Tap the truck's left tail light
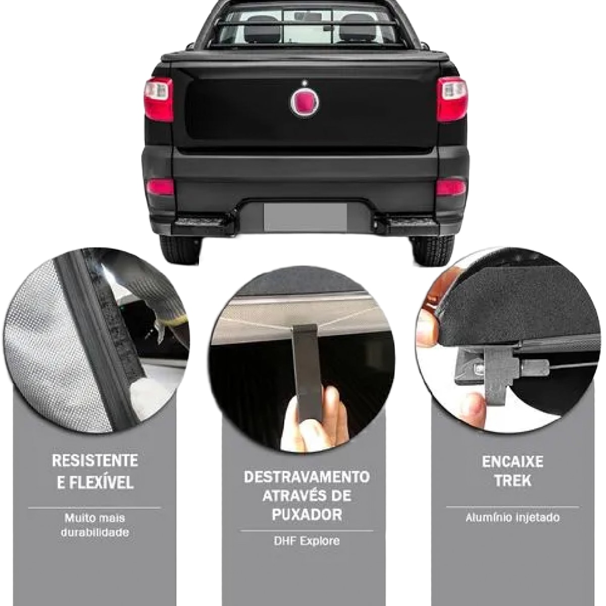pyautogui.click(x=159, y=99)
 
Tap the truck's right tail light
pyautogui.click(x=452, y=99)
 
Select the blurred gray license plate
pyautogui.click(x=305, y=217)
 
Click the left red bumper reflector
pyautogui.click(x=160, y=187)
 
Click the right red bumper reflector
pyautogui.click(x=451, y=188)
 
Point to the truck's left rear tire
pyautogui.click(x=180, y=249)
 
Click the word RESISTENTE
pyautogui.click(x=95, y=461)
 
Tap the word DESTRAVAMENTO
pyautogui.click(x=307, y=477)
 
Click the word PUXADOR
pyautogui.click(x=307, y=515)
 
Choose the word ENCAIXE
pyautogui.click(x=513, y=462)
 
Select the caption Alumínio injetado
pyautogui.click(x=513, y=518)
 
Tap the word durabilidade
pyautogui.click(x=95, y=532)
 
